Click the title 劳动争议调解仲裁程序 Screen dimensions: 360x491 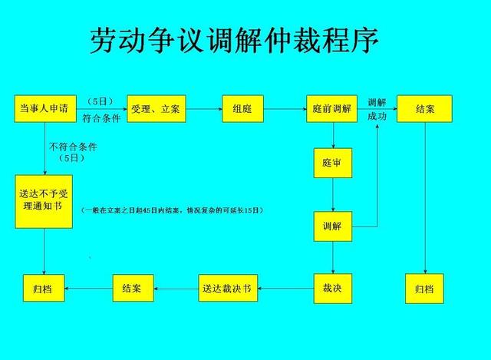click(234, 41)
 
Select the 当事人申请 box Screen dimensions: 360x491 click(43, 109)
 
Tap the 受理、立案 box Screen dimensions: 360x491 click(155, 109)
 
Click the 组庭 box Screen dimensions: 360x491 click(242, 109)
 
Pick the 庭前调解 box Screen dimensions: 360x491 click(332, 109)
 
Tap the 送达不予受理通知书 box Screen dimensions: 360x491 click(43, 200)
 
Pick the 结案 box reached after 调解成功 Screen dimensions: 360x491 click(424, 109)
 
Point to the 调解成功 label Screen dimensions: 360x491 click(377, 109)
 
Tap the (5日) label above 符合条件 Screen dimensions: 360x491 click(99, 101)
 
